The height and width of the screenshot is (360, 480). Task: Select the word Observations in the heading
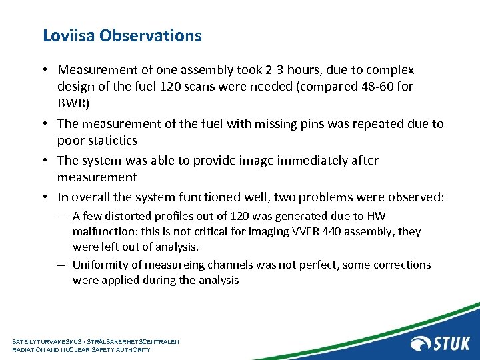pos(151,35)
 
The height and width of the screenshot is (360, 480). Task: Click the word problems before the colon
pos(361,197)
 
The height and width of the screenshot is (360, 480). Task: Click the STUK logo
pos(440,343)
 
